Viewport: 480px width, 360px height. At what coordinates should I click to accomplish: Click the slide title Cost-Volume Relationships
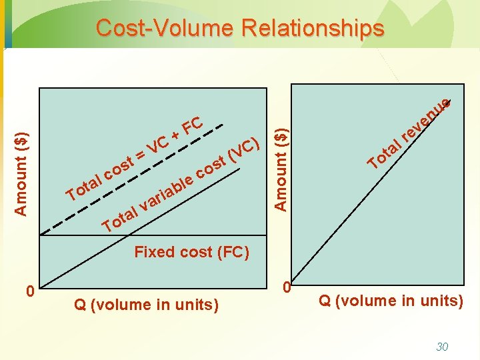(x=240, y=28)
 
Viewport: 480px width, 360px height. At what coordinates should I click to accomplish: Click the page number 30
(x=441, y=346)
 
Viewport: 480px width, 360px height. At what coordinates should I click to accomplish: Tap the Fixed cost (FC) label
(x=191, y=252)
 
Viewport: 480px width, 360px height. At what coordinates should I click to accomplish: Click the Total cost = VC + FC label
(x=133, y=160)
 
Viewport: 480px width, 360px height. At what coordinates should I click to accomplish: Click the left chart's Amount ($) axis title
(x=21, y=173)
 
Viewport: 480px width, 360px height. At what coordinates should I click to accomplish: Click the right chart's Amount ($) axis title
(x=282, y=161)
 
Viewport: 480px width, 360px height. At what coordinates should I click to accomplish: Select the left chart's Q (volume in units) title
(x=146, y=305)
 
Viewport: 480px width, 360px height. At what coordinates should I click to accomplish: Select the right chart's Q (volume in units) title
(x=391, y=301)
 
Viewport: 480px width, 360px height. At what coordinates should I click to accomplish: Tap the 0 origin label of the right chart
(x=286, y=287)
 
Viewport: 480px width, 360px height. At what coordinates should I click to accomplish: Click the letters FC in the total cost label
(x=192, y=125)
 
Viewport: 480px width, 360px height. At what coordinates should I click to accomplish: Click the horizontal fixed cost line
(x=133, y=235)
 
